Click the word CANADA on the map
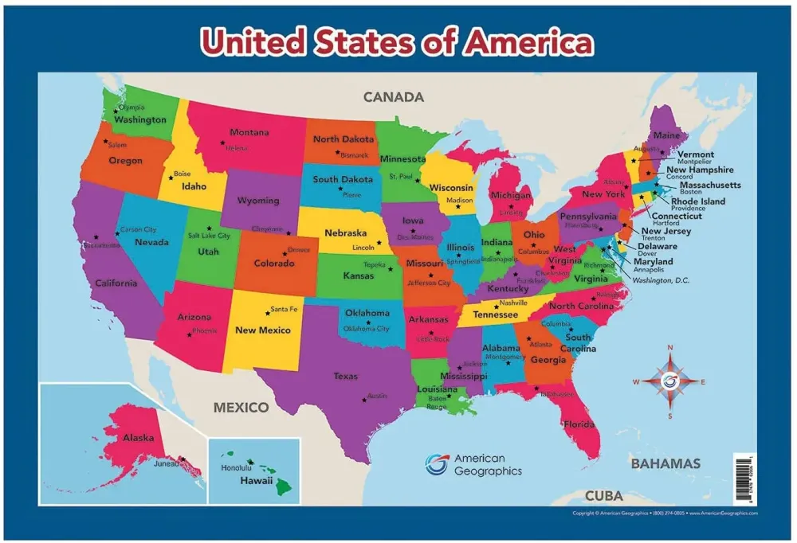[x=393, y=97]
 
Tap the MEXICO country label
[x=241, y=408]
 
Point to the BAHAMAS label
[x=665, y=463]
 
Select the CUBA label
[x=604, y=495]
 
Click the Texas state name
[x=345, y=376]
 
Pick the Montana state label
[x=249, y=132]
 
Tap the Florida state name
[x=579, y=424]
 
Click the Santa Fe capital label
[x=284, y=309]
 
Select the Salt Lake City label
[x=209, y=236]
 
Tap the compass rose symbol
[x=670, y=381]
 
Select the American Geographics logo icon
[x=436, y=464]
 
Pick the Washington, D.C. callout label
[x=662, y=280]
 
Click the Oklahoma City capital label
[x=366, y=328]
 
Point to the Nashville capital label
[x=513, y=303]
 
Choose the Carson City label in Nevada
[x=138, y=230]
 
